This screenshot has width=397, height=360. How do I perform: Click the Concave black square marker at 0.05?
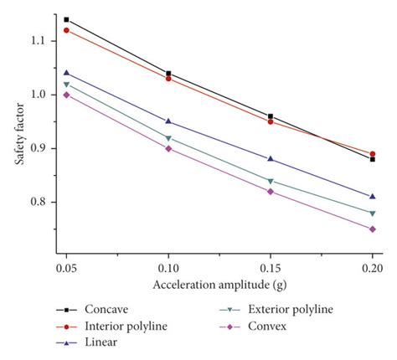[x=67, y=19]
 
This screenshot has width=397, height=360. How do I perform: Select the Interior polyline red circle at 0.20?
[x=372, y=154]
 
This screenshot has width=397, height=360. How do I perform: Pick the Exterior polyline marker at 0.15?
[x=270, y=181]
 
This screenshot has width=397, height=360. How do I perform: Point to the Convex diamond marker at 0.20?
[x=372, y=229]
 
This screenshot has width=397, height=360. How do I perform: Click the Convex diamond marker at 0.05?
[x=67, y=95]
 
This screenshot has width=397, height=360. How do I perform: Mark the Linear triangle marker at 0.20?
[x=372, y=197]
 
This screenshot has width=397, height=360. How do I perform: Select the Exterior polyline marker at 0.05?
[x=67, y=84]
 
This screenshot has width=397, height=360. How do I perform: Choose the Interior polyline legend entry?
[x=126, y=326]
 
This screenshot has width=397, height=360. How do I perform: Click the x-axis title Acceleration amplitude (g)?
[x=219, y=285]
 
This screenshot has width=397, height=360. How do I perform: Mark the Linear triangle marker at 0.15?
[x=270, y=159]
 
